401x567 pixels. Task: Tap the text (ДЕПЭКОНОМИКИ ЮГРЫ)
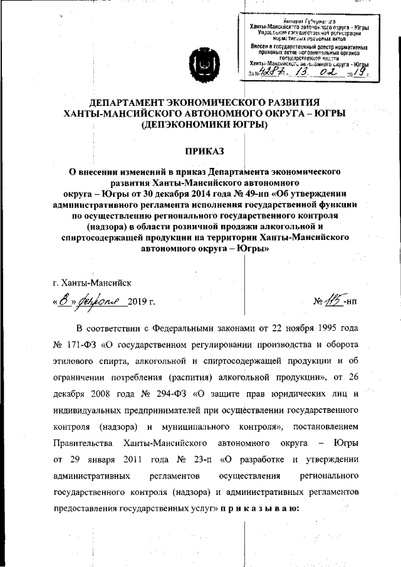coord(204,125)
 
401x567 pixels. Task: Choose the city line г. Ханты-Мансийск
coord(93,283)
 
